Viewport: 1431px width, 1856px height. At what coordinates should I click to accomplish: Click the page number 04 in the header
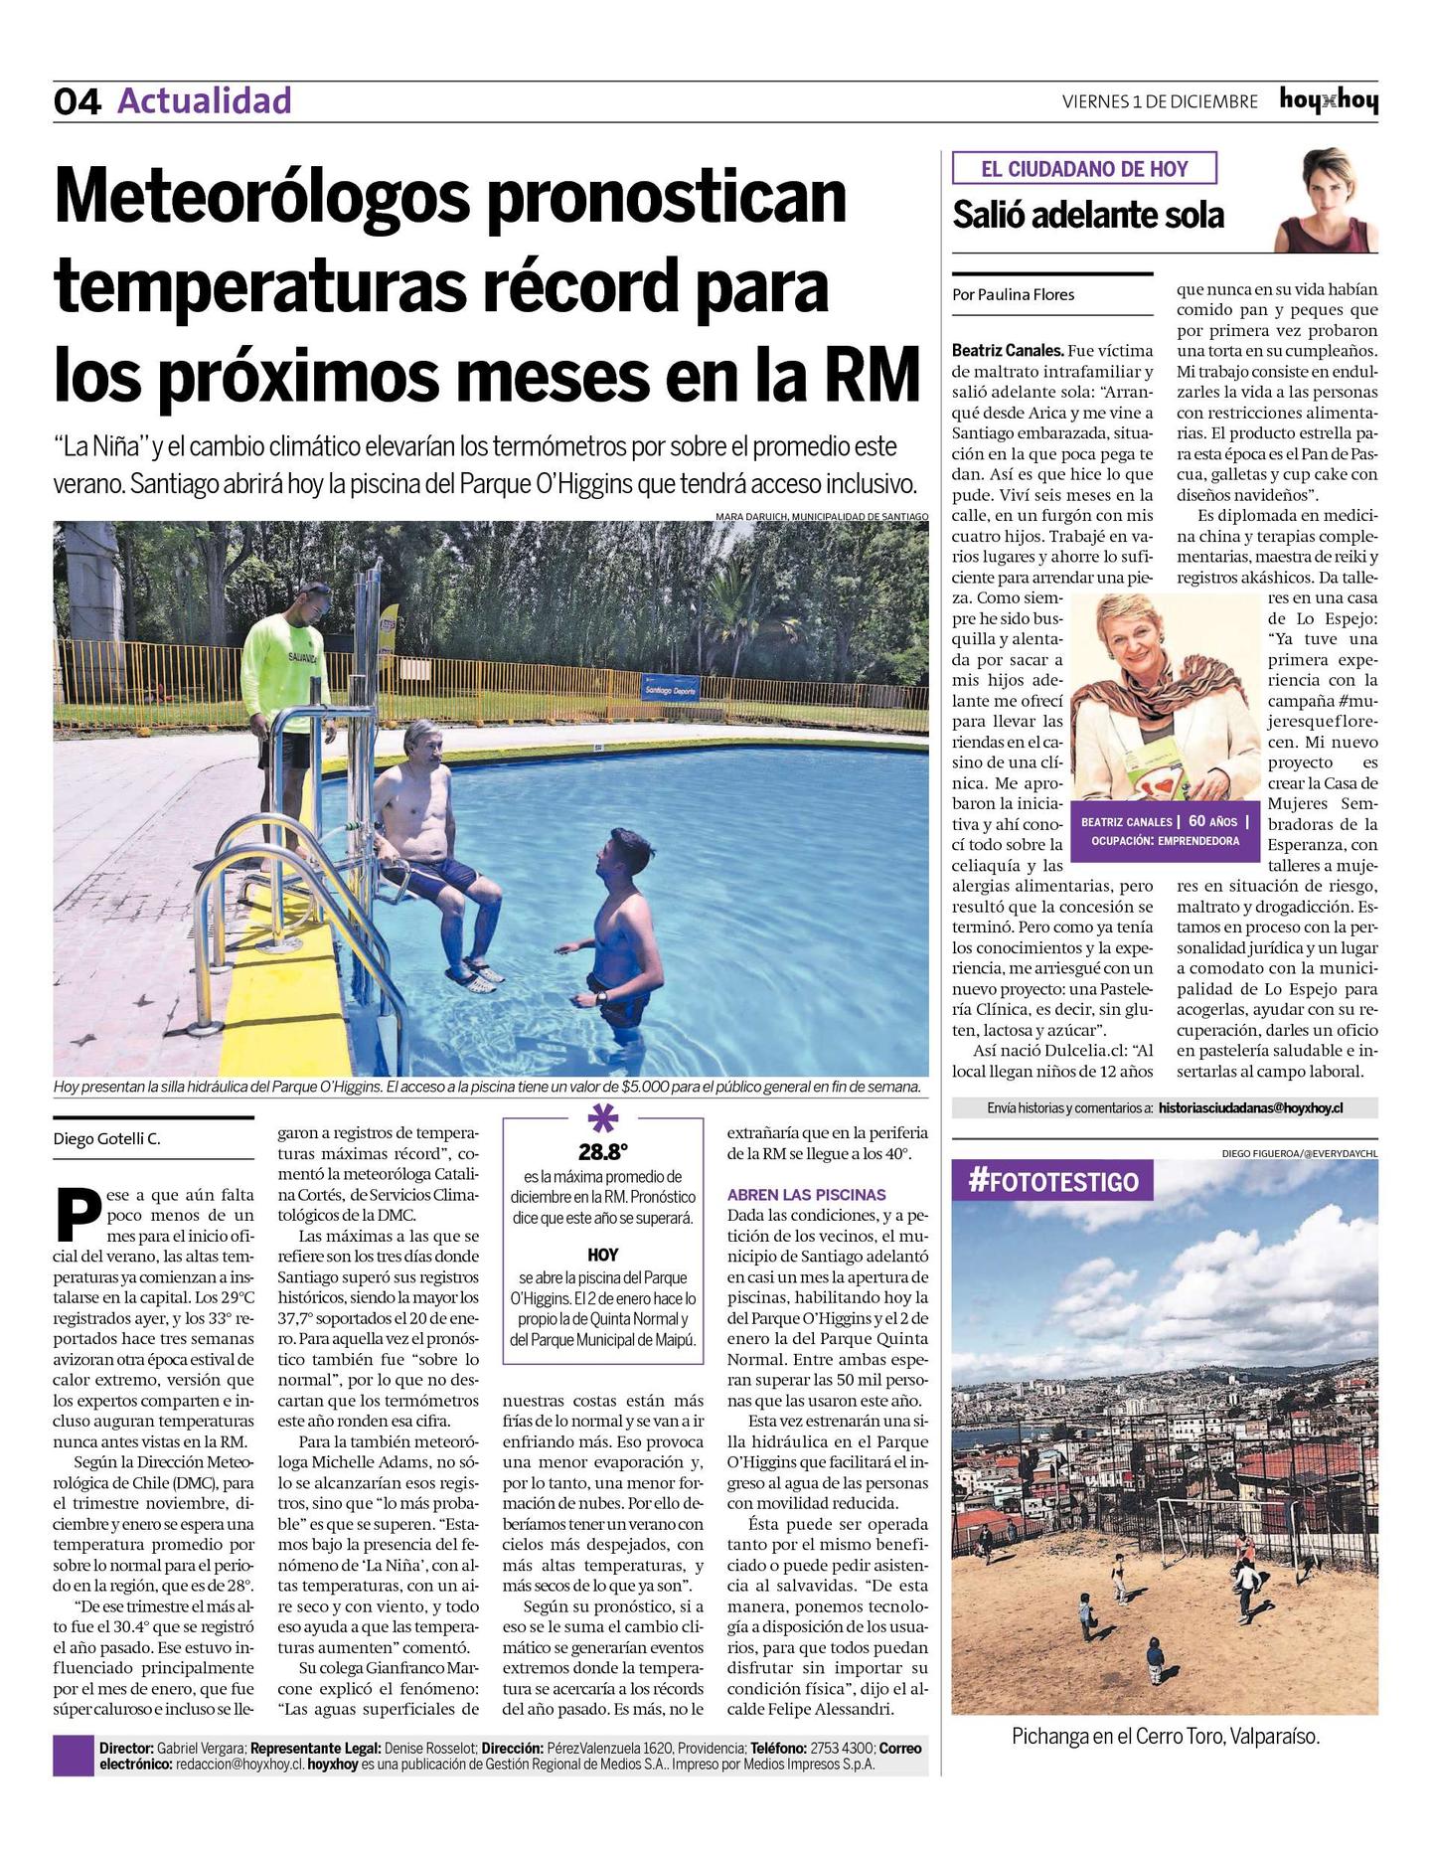[x=77, y=101]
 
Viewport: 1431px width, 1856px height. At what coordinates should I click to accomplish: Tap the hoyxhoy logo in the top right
[x=1329, y=100]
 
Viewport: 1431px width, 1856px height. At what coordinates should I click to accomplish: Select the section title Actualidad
[x=205, y=100]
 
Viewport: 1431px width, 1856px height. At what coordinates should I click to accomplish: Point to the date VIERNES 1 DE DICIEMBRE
[x=1160, y=101]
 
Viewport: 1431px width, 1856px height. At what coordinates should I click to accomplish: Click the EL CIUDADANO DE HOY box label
[x=1084, y=169]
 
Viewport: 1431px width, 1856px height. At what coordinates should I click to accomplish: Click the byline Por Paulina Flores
[x=1013, y=294]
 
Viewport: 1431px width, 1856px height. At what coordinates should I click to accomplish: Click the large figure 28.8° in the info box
[x=603, y=1152]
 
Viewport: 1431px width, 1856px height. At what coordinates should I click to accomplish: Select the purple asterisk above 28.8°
[x=602, y=1119]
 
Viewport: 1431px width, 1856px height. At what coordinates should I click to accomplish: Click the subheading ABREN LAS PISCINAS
[x=806, y=1194]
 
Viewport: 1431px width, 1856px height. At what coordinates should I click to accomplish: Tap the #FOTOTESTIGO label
[x=1052, y=1181]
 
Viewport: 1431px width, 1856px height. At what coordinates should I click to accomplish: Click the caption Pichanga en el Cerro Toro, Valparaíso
[x=1165, y=1737]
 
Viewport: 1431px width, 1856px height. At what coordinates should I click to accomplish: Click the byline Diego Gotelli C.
[x=106, y=1139]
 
